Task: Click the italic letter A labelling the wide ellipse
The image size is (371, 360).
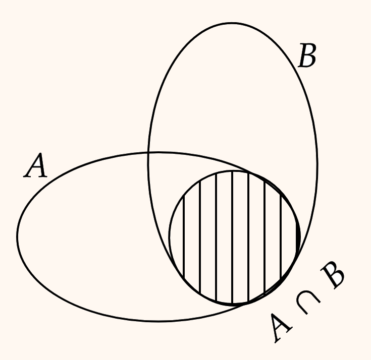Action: point(35,165)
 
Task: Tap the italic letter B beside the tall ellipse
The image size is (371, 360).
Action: point(307,55)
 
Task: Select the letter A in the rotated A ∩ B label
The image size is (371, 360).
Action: point(281,328)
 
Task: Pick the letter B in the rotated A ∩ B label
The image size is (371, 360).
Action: point(333,275)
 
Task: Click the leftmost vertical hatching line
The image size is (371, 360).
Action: point(184,236)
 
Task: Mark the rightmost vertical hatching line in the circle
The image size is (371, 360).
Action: point(281,236)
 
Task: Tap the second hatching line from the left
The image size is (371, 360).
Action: point(200,237)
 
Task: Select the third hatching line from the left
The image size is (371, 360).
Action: point(216,237)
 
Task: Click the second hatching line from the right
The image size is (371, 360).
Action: point(265,237)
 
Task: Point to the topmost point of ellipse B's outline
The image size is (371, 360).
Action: point(232,23)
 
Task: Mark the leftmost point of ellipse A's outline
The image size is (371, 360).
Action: point(17,236)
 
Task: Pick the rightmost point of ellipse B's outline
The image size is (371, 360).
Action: point(317,163)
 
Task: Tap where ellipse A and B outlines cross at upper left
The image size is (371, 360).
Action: point(148,153)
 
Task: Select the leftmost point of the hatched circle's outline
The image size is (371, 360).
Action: point(169,237)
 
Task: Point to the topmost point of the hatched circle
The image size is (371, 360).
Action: point(233,171)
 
